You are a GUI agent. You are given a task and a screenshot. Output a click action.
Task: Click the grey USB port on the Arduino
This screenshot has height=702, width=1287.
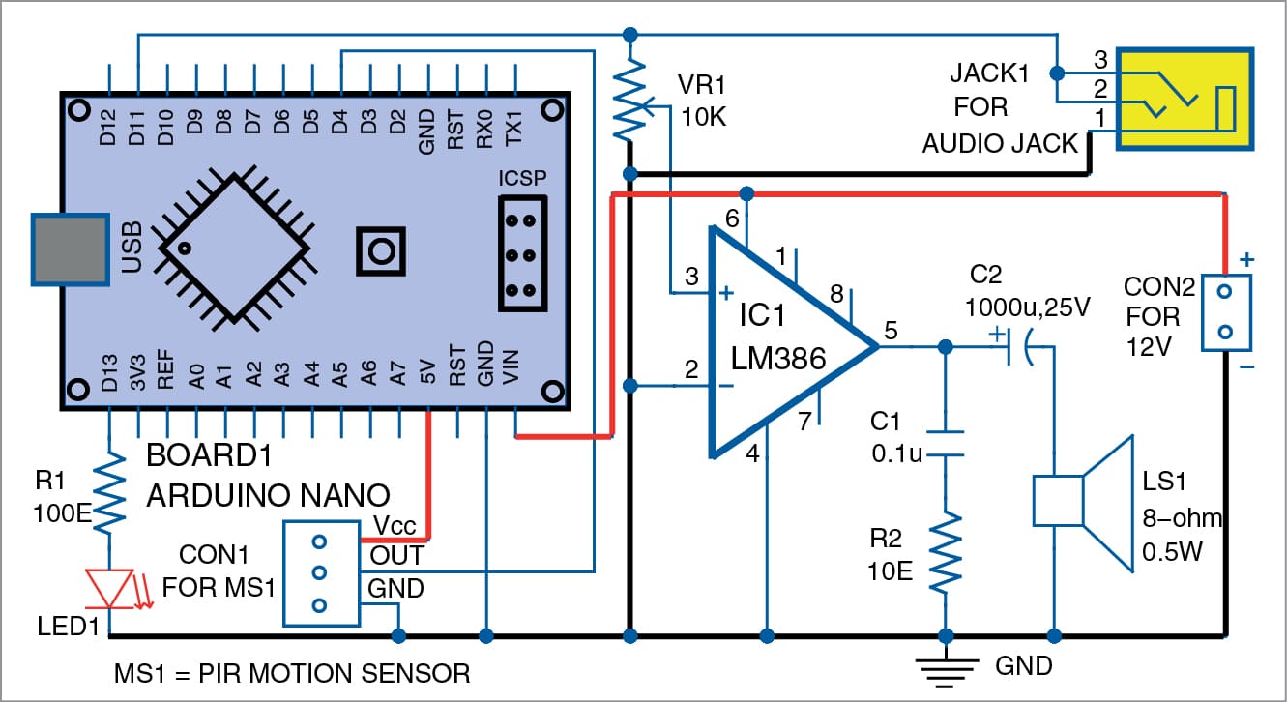point(69,249)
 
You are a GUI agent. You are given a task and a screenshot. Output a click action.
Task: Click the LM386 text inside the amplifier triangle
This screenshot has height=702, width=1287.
point(778,361)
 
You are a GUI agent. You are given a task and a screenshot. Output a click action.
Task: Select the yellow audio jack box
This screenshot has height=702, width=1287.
point(1185,101)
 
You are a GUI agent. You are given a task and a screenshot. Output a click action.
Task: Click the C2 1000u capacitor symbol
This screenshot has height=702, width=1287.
point(1017,346)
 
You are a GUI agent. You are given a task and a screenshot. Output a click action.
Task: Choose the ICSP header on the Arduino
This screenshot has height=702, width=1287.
point(522,252)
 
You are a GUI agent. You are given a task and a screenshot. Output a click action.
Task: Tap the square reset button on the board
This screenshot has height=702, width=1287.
point(381,250)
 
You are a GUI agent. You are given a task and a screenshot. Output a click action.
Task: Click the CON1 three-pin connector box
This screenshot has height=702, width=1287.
point(318,573)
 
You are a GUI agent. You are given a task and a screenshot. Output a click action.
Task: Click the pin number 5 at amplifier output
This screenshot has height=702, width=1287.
point(892,332)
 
